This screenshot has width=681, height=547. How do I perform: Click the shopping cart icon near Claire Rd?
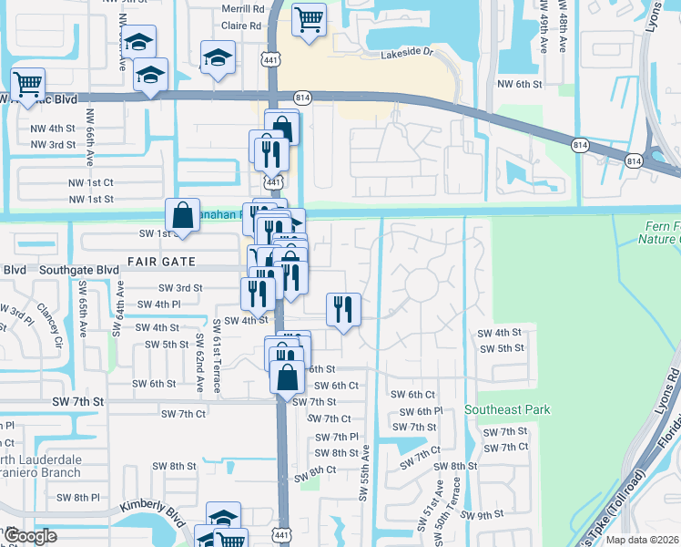[x=310, y=19]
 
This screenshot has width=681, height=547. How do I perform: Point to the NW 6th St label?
[x=520, y=84]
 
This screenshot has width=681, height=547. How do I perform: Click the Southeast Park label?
[x=507, y=410]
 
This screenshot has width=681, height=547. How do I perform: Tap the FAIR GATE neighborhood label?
[x=162, y=261]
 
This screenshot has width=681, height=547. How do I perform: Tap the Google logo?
[x=30, y=537]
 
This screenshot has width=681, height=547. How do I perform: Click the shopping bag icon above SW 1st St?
[x=182, y=216]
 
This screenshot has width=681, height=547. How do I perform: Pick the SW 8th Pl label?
[x=78, y=497]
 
